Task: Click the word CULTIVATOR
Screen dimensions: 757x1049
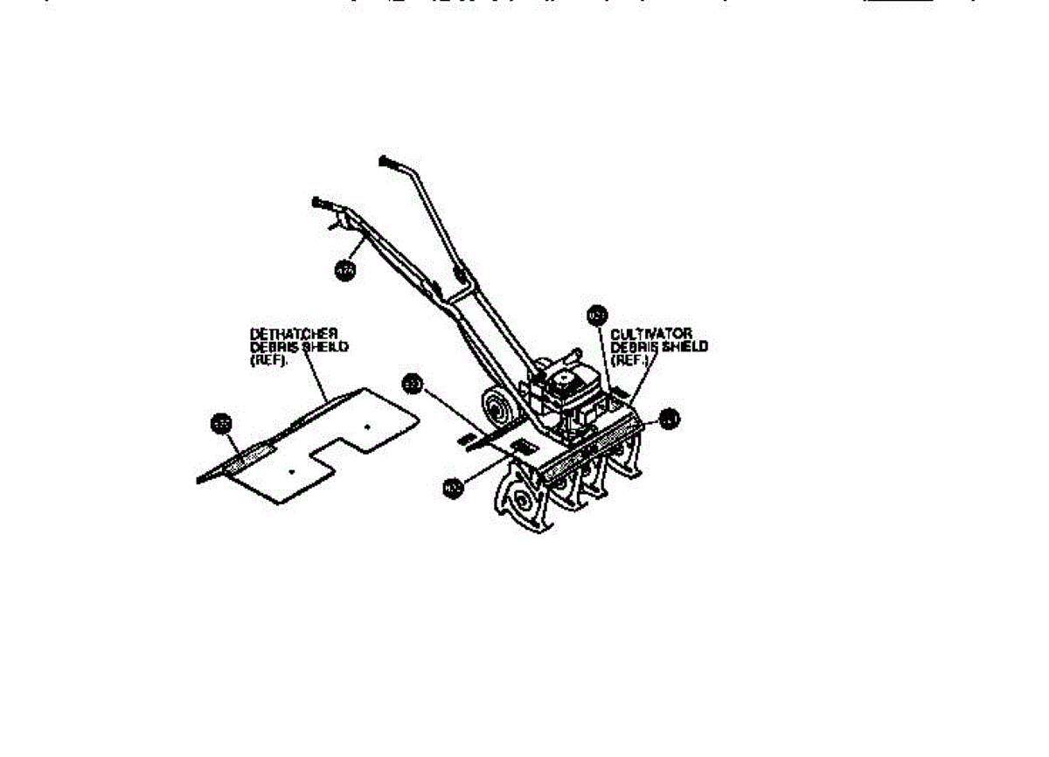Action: point(651,334)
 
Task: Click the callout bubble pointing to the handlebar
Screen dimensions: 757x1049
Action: point(344,271)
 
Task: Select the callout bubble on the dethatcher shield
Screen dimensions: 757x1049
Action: point(222,424)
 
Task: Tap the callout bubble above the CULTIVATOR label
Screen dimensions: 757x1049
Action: point(597,314)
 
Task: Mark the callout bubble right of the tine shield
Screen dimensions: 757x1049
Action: point(669,420)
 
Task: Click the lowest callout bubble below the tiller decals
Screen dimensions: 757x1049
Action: point(452,489)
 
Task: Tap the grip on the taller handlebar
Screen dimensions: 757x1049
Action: point(389,162)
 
